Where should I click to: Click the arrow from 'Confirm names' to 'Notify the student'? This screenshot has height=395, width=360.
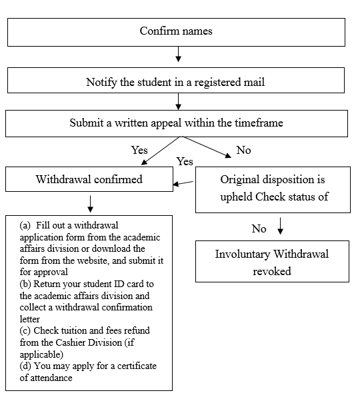coord(178,54)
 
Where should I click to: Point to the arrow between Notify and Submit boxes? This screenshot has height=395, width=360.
coord(178,101)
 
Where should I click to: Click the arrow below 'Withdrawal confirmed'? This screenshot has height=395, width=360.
coord(90,204)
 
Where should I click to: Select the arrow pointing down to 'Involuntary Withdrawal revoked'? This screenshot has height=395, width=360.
coord(281,226)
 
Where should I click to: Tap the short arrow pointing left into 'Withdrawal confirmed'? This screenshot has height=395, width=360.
coord(183,183)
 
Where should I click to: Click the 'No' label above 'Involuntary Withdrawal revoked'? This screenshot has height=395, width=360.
coord(259,228)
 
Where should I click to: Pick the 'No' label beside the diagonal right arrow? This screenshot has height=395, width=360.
coord(243,150)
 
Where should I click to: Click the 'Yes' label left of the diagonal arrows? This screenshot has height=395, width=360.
coord(139,150)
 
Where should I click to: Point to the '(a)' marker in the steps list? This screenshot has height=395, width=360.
coord(25,225)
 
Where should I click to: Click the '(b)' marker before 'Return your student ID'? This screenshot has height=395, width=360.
coord(25,284)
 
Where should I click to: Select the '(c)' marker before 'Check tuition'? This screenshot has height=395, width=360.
coord(25,330)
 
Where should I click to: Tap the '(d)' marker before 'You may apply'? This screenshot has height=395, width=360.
coord(25,366)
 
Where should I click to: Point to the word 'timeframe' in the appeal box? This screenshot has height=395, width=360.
coord(259,123)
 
